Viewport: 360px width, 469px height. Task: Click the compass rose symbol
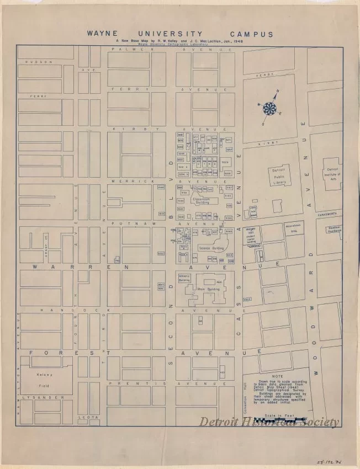point(269,108)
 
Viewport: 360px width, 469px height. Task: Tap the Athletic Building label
point(184,278)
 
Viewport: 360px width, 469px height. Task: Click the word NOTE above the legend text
point(277,376)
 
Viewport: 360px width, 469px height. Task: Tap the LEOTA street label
point(88,417)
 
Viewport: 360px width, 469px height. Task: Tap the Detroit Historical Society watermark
point(269,423)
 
